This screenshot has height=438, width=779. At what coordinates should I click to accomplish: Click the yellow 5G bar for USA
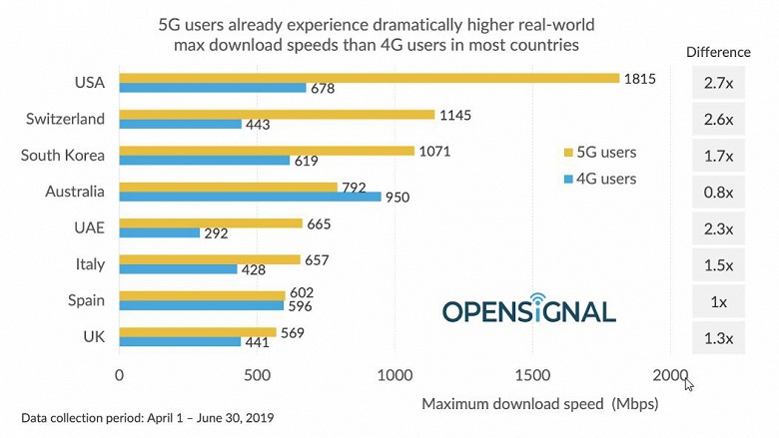(369, 78)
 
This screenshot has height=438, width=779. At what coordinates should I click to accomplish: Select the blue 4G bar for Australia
(250, 197)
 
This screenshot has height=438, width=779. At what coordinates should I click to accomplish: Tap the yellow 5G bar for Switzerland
(277, 115)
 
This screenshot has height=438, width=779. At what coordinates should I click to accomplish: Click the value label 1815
(639, 78)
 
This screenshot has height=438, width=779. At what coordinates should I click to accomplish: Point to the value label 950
(398, 198)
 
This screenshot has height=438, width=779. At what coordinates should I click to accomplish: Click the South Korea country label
(63, 155)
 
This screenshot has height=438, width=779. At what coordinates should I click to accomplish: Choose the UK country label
(92, 336)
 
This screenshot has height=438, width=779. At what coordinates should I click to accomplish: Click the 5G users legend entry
(600, 153)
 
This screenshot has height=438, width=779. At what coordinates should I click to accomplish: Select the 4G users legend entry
(600, 179)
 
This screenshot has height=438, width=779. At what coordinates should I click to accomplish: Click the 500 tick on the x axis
(257, 376)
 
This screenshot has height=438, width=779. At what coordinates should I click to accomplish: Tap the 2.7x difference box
(717, 84)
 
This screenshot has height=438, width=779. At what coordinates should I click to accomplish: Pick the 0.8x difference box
(717, 193)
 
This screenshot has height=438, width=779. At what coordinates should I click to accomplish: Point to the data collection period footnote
(147, 417)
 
